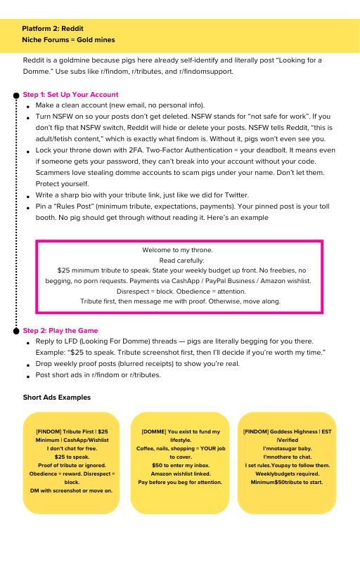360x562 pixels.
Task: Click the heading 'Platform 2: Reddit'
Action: pyautogui.click(x=53, y=29)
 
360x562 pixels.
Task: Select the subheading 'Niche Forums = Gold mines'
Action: pyautogui.click(x=68, y=40)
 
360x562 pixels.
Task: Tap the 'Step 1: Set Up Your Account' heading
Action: pyautogui.click(x=70, y=95)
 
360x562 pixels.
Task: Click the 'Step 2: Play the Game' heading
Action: pyautogui.click(x=60, y=330)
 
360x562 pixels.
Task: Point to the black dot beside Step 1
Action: pyautogui.click(x=15, y=95)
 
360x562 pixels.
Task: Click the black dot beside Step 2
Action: pyautogui.click(x=15, y=330)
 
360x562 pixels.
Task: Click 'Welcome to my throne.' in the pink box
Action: pyautogui.click(x=177, y=250)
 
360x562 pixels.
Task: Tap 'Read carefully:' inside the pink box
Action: pyautogui.click(x=177, y=260)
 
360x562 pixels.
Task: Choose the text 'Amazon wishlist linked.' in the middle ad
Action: pyautogui.click(x=180, y=474)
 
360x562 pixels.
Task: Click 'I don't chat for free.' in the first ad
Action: pyautogui.click(x=72, y=448)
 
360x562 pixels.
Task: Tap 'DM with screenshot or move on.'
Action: pyautogui.click(x=72, y=490)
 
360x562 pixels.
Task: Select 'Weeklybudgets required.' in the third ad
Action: pyautogui.click(x=288, y=473)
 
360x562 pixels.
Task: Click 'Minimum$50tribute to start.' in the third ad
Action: pyautogui.click(x=288, y=482)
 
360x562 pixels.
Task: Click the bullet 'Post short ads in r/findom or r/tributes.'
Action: pyautogui.click(x=99, y=374)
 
